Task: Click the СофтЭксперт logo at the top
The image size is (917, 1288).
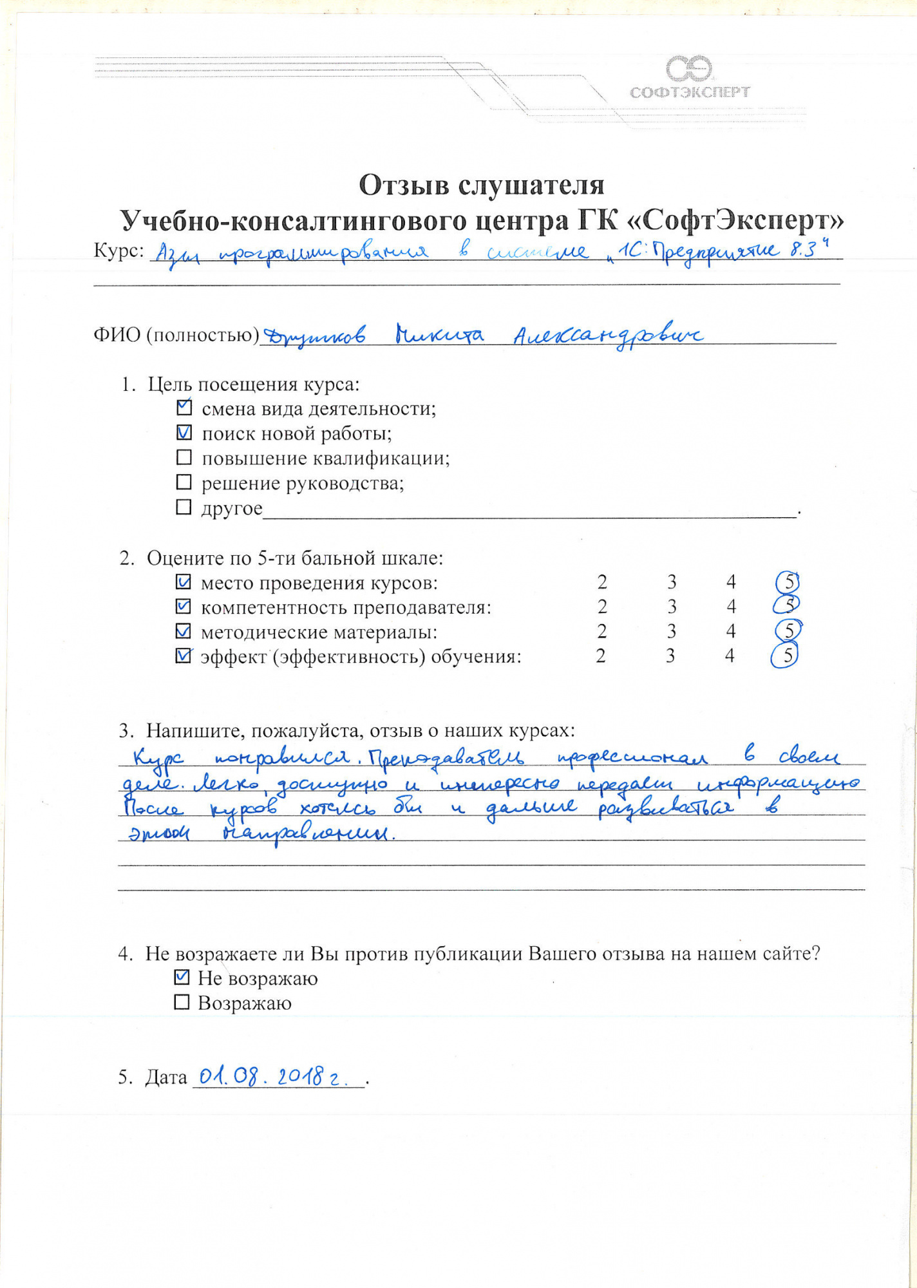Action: (x=690, y=78)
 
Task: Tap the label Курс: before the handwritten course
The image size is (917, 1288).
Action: (x=119, y=251)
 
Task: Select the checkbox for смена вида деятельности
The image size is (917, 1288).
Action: (x=184, y=408)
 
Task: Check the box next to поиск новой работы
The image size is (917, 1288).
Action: (x=184, y=433)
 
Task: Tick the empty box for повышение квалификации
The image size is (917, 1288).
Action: (x=184, y=457)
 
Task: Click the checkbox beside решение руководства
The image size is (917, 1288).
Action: (x=184, y=482)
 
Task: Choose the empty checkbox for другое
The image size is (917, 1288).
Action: (x=184, y=507)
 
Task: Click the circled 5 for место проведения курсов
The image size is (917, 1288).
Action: (x=788, y=582)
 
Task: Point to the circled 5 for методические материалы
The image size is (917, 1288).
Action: (x=788, y=630)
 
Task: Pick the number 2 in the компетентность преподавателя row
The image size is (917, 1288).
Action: (x=602, y=607)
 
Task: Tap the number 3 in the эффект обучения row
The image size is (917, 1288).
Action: (x=670, y=656)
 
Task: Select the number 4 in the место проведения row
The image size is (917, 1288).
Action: (x=731, y=582)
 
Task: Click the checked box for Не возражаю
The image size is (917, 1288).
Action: (x=182, y=978)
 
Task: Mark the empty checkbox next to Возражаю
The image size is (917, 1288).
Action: (x=182, y=1002)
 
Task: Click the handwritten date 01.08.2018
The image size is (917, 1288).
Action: (x=274, y=1077)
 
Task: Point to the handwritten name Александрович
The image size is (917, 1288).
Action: (x=608, y=336)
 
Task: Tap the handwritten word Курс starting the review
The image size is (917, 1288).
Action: (x=158, y=759)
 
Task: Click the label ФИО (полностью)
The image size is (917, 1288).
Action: (x=176, y=335)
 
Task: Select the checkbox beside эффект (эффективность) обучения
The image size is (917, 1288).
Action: (x=184, y=656)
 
